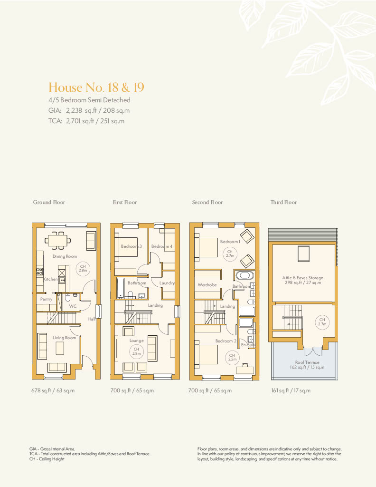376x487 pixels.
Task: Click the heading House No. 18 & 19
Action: click(96, 88)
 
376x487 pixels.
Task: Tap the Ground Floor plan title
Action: click(49, 202)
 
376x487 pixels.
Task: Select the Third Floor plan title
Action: click(283, 202)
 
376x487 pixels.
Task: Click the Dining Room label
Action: click(65, 256)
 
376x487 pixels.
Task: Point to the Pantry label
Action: click(46, 299)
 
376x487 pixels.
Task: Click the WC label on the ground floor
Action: click(73, 306)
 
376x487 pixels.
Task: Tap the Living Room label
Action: click(64, 338)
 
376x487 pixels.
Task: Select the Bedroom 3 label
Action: click(131, 246)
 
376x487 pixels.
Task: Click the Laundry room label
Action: click(167, 283)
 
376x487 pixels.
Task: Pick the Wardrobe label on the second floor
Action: click(207, 285)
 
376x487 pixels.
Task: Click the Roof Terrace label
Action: click(307, 362)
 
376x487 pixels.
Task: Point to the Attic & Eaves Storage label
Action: click(302, 278)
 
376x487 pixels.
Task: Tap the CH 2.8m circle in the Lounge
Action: click(136, 351)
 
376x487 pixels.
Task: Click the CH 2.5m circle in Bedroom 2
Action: click(232, 357)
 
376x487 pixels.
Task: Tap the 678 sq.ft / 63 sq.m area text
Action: click(53, 390)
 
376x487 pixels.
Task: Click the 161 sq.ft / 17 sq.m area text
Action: click(291, 390)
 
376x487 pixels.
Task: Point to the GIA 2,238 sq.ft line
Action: click(89, 110)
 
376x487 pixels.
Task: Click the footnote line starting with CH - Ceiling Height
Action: click(47, 459)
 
